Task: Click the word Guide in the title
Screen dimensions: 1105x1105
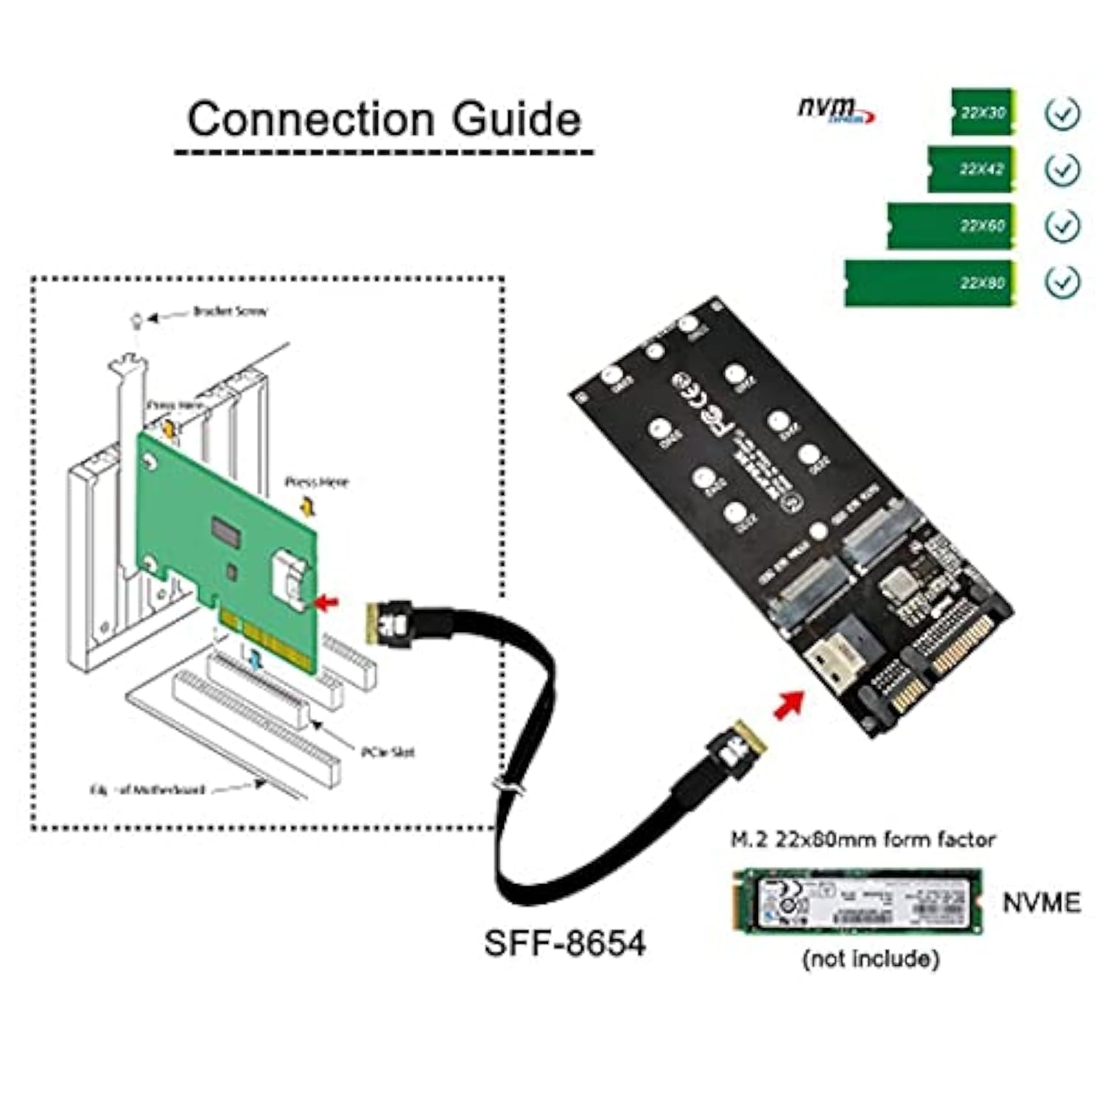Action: coord(516,119)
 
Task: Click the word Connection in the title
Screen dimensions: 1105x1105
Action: coord(310,119)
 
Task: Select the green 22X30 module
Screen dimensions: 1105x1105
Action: coord(983,113)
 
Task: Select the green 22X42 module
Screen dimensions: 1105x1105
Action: coord(971,169)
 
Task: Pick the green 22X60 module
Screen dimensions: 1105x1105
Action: coord(951,225)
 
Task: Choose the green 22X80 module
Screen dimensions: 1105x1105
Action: coord(930,283)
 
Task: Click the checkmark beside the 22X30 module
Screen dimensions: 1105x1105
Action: coord(1062,113)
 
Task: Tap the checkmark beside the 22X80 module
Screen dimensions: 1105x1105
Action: coord(1062,281)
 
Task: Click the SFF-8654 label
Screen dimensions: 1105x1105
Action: coord(564,943)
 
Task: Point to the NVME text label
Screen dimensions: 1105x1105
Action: coord(1041,902)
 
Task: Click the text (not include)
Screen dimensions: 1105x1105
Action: coord(871,958)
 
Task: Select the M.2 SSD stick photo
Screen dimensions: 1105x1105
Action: coord(857,902)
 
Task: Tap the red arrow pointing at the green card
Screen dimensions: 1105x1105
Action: coord(326,603)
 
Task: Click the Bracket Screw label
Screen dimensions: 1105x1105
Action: coord(229,312)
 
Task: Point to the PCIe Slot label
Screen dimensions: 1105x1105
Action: coord(387,752)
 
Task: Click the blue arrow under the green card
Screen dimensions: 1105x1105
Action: coord(256,660)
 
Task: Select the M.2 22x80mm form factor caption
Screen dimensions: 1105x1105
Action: coord(862,839)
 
